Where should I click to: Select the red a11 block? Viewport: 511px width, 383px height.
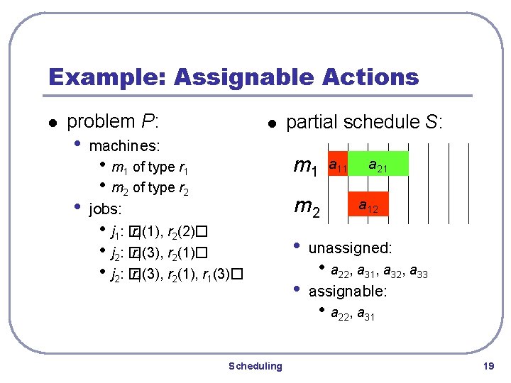337,166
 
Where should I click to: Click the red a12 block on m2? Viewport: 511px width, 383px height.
368,206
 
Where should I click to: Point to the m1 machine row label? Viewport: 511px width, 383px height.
305,167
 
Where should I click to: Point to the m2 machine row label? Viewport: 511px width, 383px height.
307,206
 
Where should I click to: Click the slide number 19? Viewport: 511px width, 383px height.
488,366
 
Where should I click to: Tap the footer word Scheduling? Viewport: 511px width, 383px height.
255,366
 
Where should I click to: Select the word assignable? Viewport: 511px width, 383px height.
347,291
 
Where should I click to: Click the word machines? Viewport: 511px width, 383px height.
124,147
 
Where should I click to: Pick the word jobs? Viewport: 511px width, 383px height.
105,210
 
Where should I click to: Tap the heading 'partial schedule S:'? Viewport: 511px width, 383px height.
364,123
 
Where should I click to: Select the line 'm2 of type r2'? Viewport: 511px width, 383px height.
150,188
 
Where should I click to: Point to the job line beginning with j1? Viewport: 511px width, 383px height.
158,232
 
